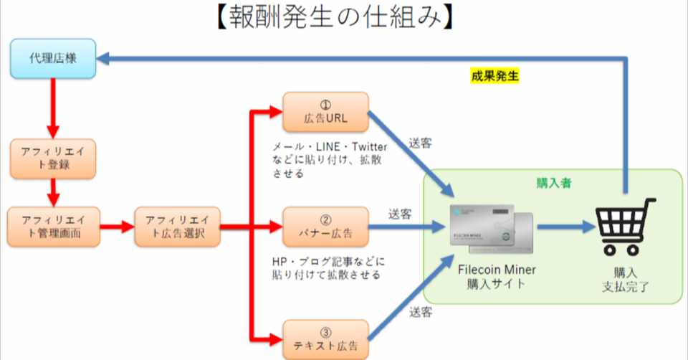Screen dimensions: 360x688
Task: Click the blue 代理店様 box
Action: tap(52, 59)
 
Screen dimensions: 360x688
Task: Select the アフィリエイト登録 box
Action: tap(52, 158)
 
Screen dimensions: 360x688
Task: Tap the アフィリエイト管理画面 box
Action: tap(52, 227)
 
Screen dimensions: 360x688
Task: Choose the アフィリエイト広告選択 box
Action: tap(177, 227)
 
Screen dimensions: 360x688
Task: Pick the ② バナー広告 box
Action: tap(325, 227)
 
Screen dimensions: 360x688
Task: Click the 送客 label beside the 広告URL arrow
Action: tap(421, 142)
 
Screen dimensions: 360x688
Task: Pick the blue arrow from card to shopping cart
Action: tap(566, 227)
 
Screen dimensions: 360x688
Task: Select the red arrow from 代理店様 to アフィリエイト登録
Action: tap(52, 108)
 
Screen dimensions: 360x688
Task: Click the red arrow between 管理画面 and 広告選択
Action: tap(117, 227)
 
